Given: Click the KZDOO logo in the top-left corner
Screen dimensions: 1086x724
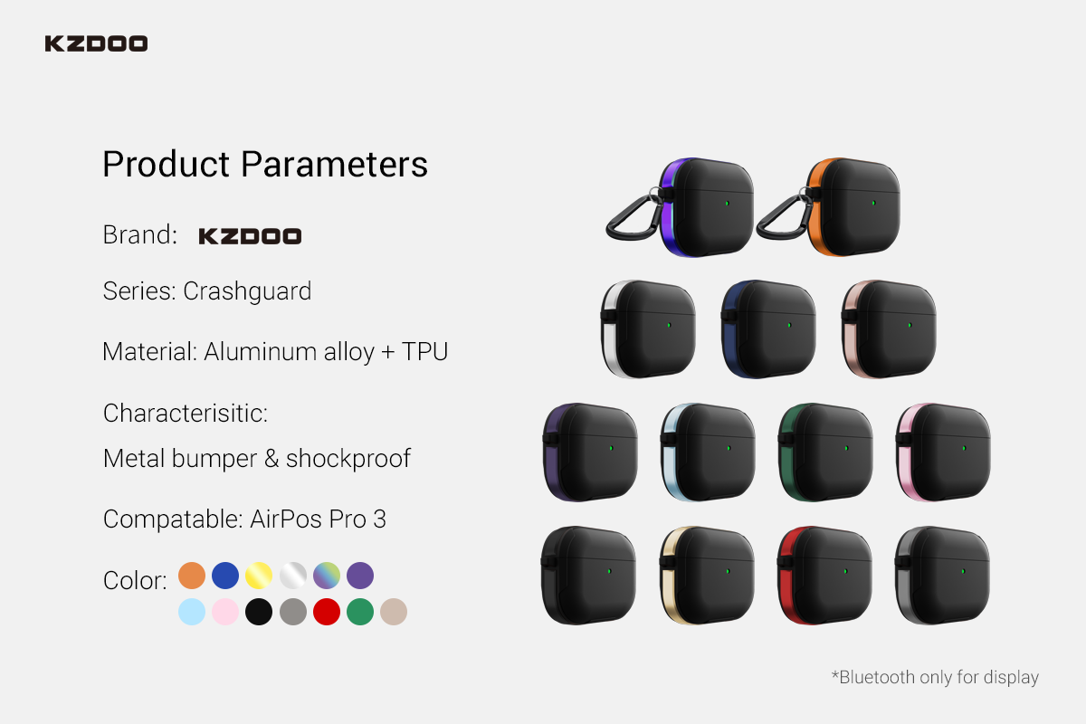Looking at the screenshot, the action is [x=96, y=43].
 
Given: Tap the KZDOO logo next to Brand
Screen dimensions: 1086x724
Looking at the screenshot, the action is [x=250, y=236].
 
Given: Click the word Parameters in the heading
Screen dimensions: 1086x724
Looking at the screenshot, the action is [x=334, y=164].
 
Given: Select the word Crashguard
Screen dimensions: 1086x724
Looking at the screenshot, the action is [x=247, y=291].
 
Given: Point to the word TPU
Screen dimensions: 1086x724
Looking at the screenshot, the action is [x=424, y=351].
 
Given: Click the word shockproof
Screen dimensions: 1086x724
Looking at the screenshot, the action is [x=348, y=459].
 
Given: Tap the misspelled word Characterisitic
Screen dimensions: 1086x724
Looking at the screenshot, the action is [x=186, y=414].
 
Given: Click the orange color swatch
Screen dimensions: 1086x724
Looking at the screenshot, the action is [x=192, y=576].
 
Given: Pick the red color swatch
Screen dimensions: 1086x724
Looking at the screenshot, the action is [x=327, y=612].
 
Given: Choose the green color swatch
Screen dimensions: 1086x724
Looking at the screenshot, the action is [x=360, y=612].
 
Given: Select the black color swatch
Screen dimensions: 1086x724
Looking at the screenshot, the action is [x=259, y=612].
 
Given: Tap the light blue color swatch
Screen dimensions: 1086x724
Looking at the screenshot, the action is [x=192, y=612].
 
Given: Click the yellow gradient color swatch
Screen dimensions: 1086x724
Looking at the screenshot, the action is [x=259, y=576].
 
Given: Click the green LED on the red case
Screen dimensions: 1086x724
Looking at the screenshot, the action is [x=845, y=571].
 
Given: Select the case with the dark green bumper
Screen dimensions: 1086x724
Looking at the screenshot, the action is [x=825, y=452].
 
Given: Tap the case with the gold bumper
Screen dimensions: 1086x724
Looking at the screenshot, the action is [x=707, y=575].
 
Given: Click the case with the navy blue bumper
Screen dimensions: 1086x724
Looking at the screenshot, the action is [x=768, y=329].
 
